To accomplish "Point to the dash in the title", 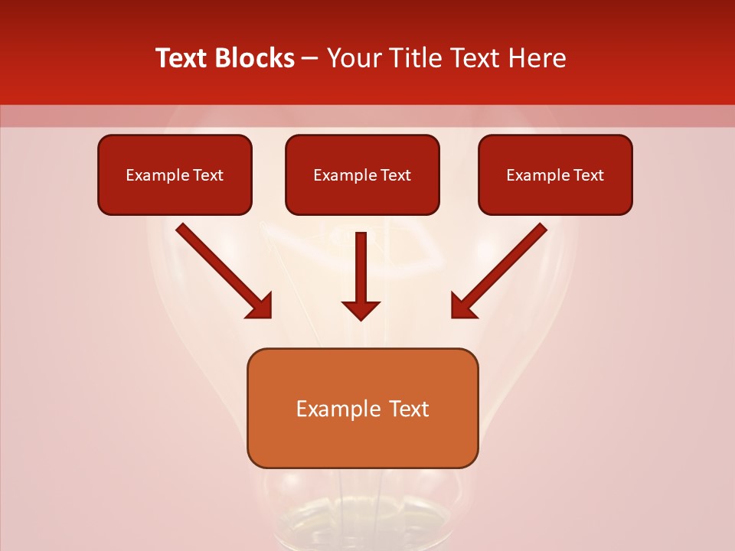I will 310,59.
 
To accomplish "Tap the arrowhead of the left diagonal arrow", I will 260,306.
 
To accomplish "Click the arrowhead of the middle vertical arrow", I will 361,310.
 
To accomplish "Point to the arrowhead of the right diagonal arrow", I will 462,306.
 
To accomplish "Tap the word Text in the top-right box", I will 589,175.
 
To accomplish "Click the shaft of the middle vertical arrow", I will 361,264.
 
